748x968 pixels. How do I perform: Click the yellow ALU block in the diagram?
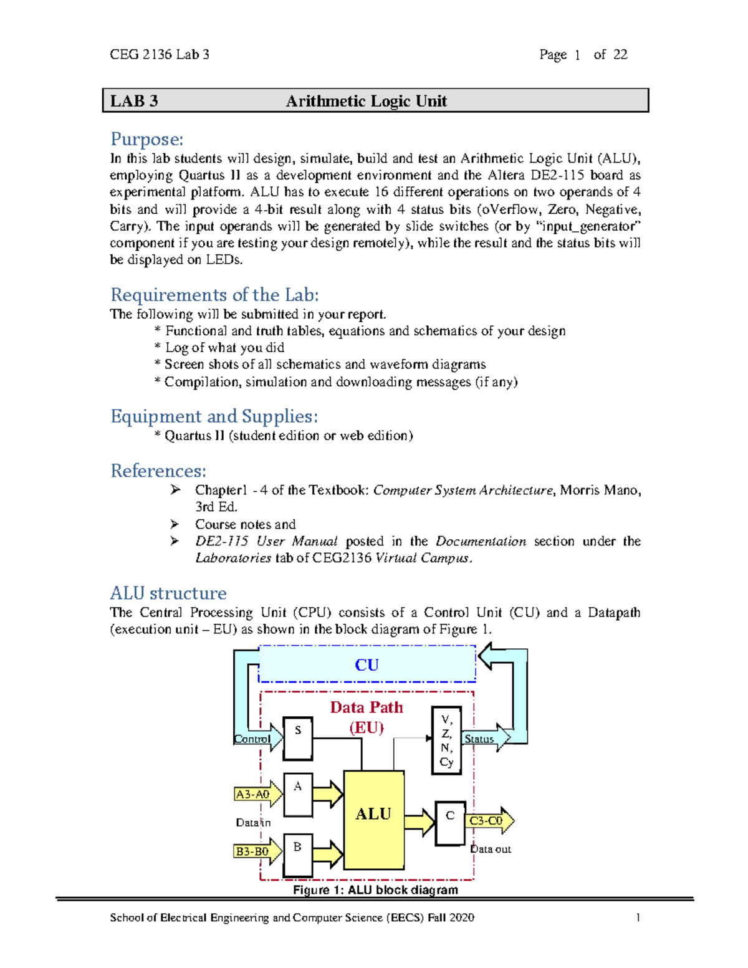click(373, 820)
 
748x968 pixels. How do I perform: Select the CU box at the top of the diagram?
click(367, 665)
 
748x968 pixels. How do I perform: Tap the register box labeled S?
click(298, 738)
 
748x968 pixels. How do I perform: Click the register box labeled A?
click(298, 795)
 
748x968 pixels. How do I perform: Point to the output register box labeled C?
click(450, 823)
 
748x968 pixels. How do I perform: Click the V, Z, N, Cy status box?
click(446, 740)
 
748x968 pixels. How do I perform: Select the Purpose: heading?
click(147, 139)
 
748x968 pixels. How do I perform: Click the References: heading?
click(158, 471)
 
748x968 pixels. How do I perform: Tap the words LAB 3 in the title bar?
click(134, 101)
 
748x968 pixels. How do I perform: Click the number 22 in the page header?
click(620, 55)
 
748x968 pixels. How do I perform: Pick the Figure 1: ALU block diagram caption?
click(375, 890)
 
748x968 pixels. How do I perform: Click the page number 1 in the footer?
click(638, 918)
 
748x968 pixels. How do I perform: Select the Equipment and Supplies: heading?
click(214, 416)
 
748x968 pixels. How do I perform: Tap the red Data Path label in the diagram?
click(367, 707)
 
